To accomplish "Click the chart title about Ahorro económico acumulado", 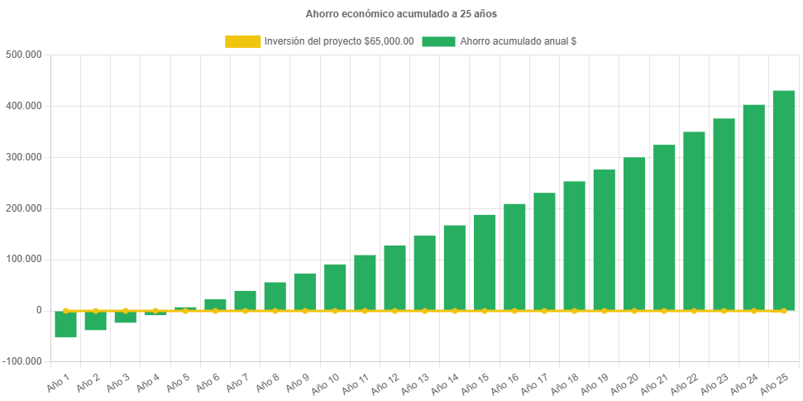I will point(401,14).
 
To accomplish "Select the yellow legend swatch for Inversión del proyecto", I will point(241,41).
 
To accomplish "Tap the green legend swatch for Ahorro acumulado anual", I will point(438,41).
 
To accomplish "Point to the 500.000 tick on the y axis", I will point(24,55).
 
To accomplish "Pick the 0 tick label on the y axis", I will point(38,310).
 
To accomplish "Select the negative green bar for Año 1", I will point(65,324).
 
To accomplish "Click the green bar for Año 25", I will point(783,200).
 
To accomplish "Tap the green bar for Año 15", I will point(485,262).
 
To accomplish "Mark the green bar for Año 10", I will point(335,287).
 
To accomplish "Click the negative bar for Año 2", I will point(95,321).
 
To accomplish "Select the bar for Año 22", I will point(694,221).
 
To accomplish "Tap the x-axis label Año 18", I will point(567,383).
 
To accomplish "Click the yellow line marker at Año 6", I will point(215,311).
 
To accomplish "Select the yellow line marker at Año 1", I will point(65,311).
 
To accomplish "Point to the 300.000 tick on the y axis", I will point(24,157).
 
